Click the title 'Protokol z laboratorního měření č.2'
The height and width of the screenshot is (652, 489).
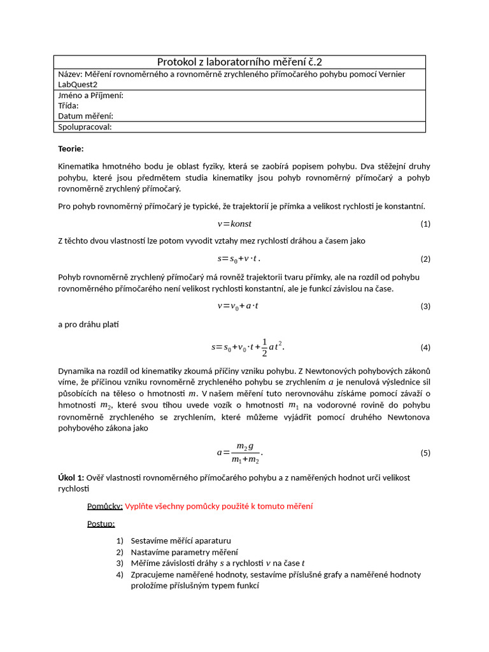click(x=239, y=62)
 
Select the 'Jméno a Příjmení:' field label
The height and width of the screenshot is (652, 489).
click(x=90, y=95)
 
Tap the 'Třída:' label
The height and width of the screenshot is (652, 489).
click(x=68, y=106)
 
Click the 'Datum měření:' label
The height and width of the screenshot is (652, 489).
click(x=85, y=116)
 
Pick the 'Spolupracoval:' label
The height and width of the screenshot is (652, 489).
click(x=85, y=127)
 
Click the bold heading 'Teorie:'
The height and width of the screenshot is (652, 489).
click(x=71, y=148)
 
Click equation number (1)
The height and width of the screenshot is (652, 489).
click(x=425, y=224)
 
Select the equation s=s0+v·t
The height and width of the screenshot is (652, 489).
click(x=239, y=259)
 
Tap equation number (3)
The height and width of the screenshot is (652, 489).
click(x=425, y=306)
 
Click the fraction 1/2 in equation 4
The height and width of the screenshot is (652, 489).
click(x=264, y=347)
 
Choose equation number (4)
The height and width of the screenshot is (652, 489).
click(x=425, y=348)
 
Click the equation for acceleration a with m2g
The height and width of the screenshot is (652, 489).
click(x=240, y=453)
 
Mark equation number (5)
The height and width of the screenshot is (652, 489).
click(x=425, y=453)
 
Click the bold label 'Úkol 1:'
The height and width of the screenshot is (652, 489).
click(x=71, y=478)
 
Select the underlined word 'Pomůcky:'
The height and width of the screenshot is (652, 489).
click(x=104, y=506)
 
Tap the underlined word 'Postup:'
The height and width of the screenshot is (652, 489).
click(x=101, y=523)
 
